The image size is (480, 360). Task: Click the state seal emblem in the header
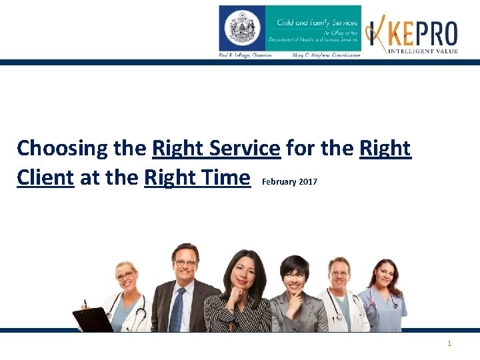click(x=242, y=28)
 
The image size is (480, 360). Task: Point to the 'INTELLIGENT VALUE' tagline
click(x=423, y=51)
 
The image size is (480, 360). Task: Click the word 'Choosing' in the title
click(x=63, y=148)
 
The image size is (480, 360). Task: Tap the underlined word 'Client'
click(x=45, y=178)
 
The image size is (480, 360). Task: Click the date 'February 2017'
click(x=290, y=181)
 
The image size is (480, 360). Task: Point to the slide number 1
click(x=449, y=343)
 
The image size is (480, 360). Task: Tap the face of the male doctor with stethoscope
click(x=339, y=273)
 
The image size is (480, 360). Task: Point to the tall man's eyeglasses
click(x=185, y=263)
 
